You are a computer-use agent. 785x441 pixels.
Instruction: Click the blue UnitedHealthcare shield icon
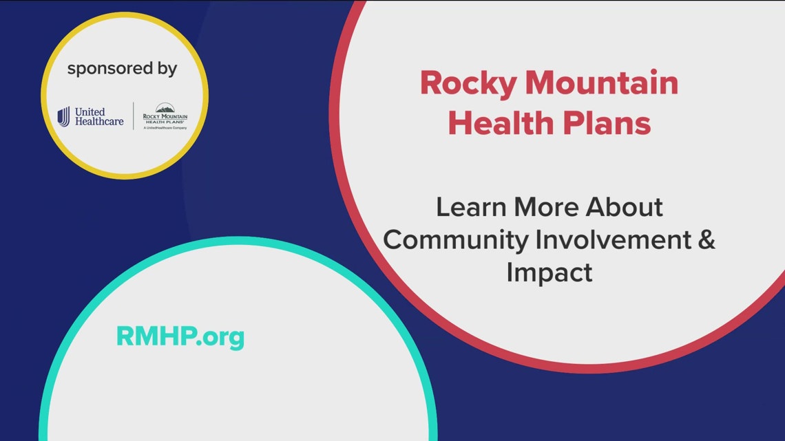click(64, 116)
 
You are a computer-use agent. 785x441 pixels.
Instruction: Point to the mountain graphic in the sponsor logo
click(165, 107)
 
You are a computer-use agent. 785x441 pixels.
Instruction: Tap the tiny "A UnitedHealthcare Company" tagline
click(165, 128)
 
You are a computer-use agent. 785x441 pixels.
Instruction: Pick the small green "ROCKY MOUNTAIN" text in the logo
click(165, 116)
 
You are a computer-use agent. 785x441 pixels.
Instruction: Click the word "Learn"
click(468, 207)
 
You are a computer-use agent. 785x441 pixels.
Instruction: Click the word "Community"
click(455, 240)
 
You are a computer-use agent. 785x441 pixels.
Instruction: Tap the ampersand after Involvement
click(705, 240)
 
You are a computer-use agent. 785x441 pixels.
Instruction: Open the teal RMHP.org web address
click(180, 337)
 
